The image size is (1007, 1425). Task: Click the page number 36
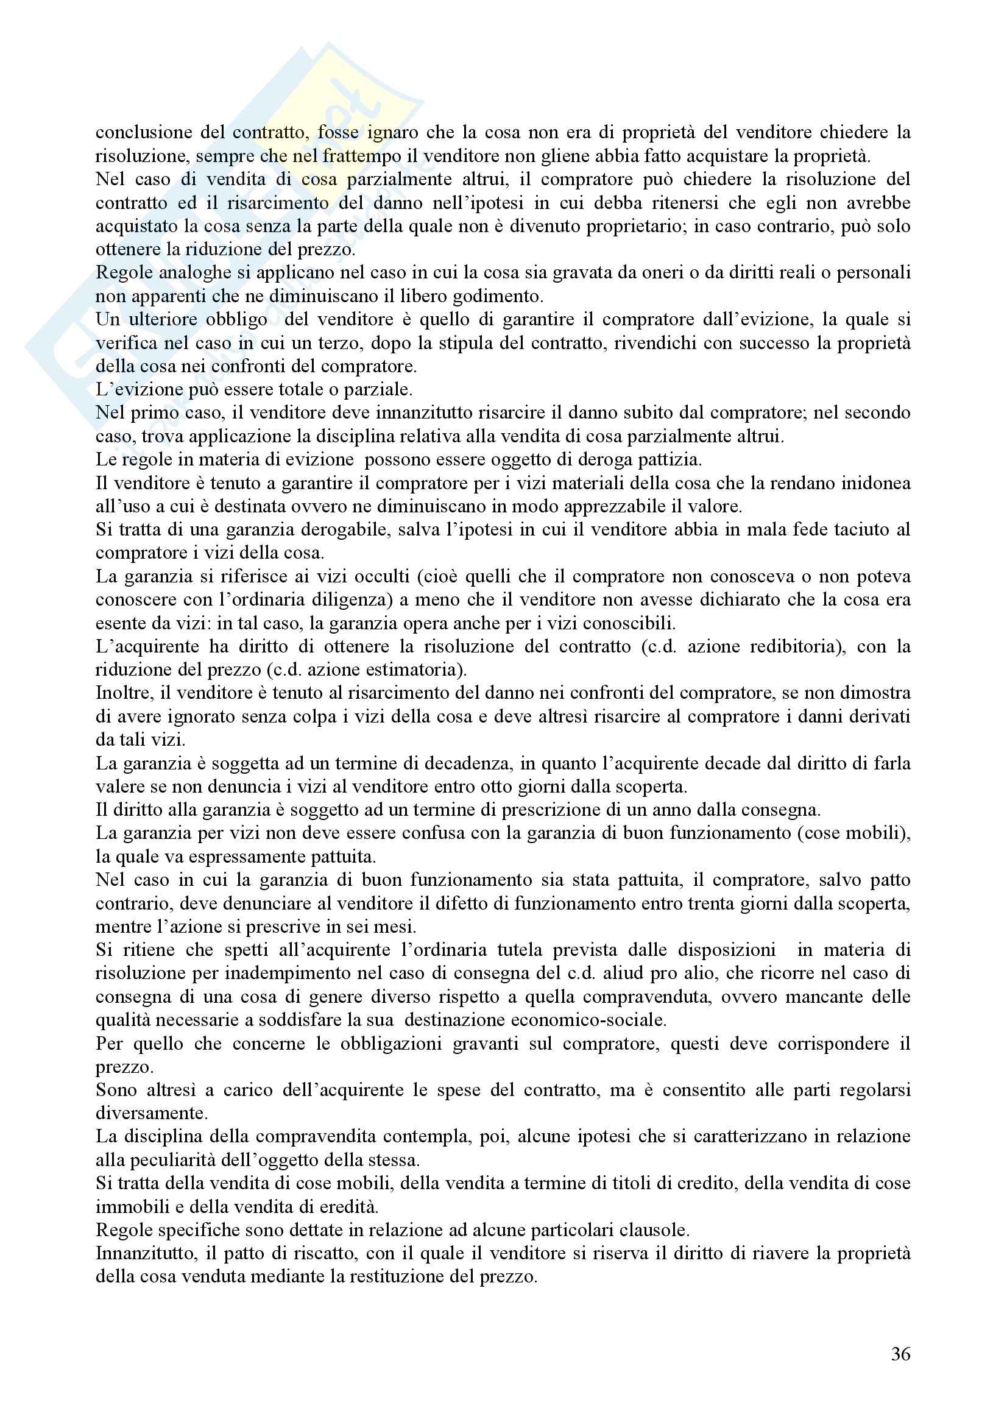click(x=900, y=1354)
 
